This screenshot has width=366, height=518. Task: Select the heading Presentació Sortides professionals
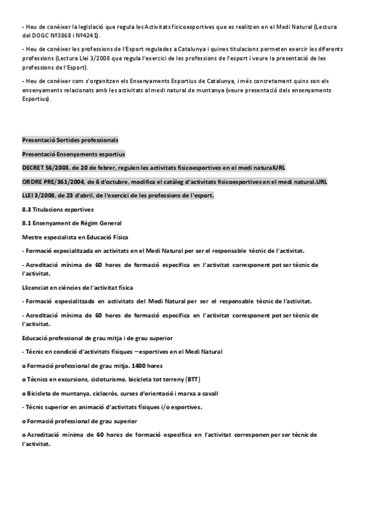(70, 140)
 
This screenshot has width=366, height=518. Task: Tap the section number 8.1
(26, 223)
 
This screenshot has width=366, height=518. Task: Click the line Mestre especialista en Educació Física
(75, 237)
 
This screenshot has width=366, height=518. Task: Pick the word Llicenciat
(35, 287)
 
